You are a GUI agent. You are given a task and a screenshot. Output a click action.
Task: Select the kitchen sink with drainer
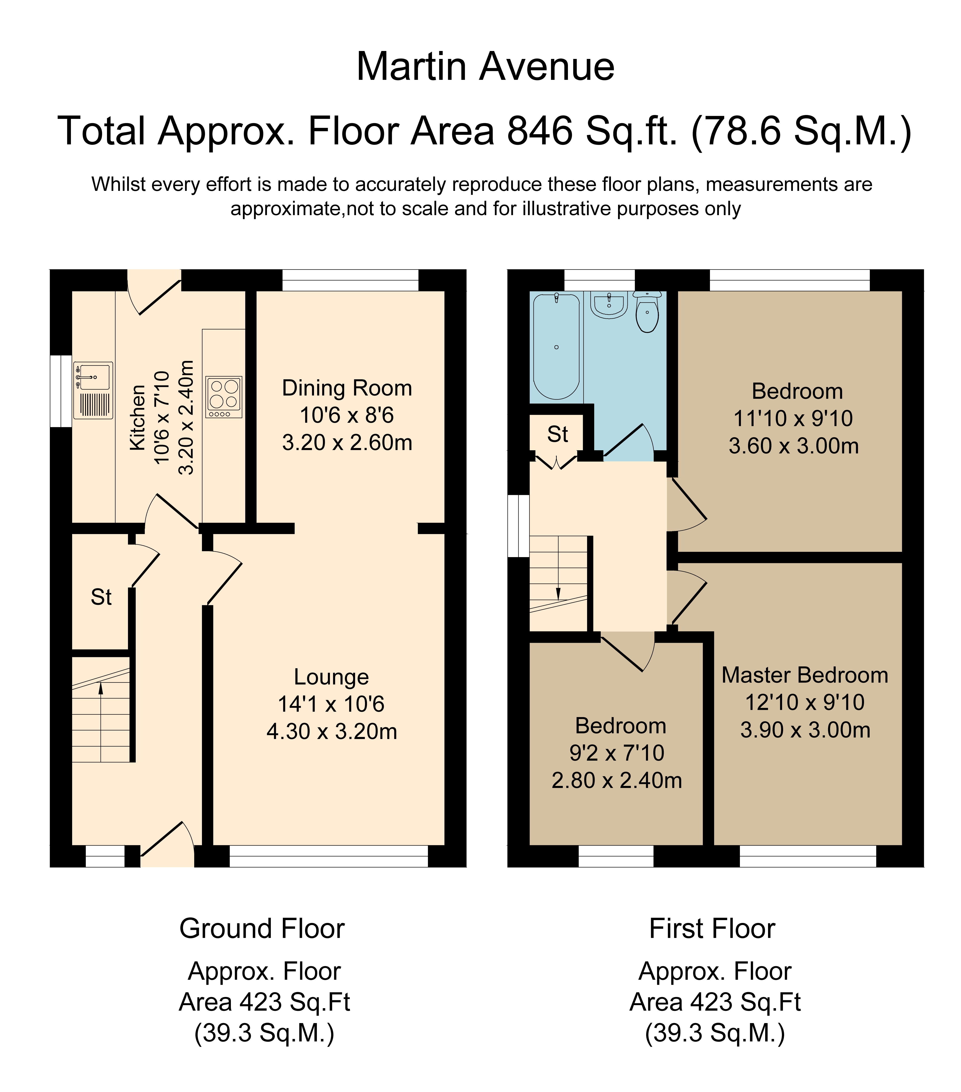point(93,390)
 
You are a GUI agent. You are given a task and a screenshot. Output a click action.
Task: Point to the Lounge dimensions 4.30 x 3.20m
point(332,731)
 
